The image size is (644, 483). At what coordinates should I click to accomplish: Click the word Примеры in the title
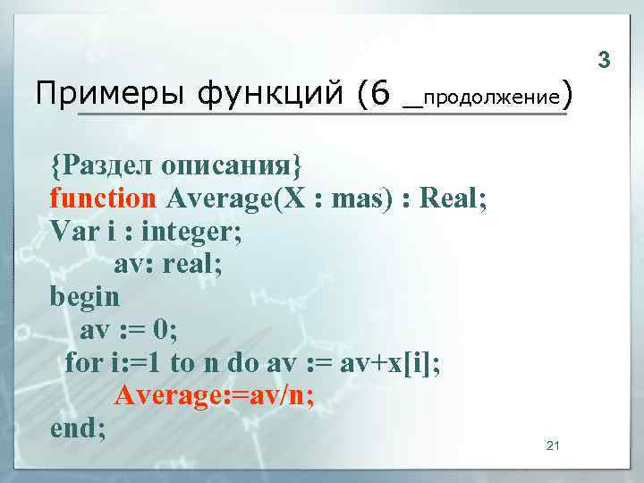pyautogui.click(x=96, y=93)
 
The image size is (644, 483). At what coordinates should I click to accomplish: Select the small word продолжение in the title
pyautogui.click(x=490, y=95)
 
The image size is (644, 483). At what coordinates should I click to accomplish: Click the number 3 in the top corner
pyautogui.click(x=604, y=61)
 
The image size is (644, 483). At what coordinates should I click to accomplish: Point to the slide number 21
pyautogui.click(x=552, y=445)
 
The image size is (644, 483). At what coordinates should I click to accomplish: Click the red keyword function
pyautogui.click(x=103, y=198)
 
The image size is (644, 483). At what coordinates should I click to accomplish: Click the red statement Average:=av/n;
pyautogui.click(x=215, y=394)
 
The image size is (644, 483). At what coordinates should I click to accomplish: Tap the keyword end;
pyautogui.click(x=79, y=428)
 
